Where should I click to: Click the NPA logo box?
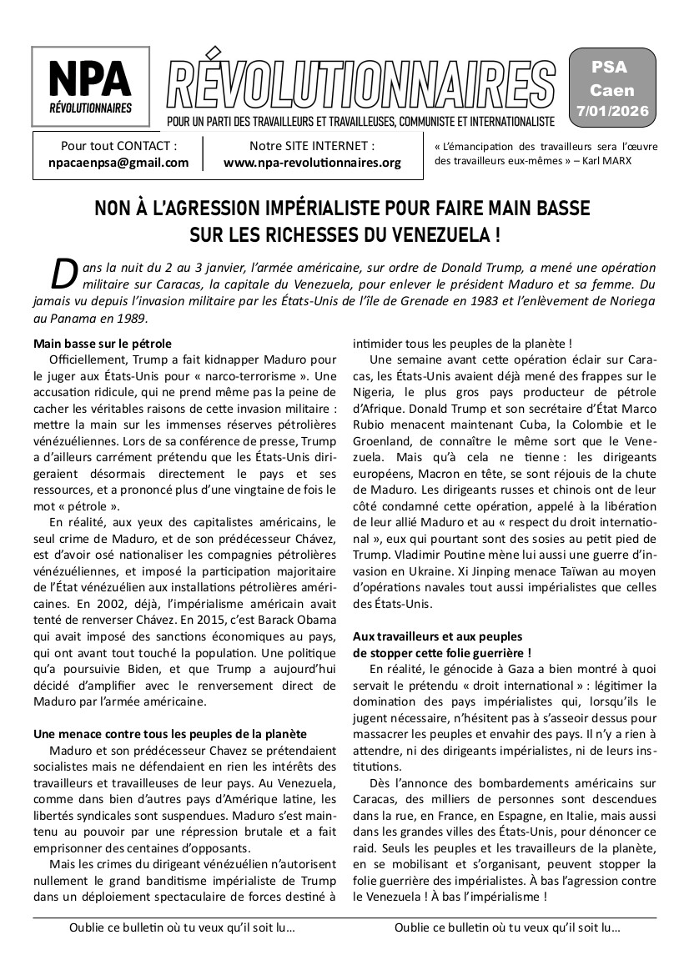pos(90,87)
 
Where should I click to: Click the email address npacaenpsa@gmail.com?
pos(118,162)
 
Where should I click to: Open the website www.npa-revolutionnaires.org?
pos(312,162)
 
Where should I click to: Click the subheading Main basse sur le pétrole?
pos(102,343)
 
